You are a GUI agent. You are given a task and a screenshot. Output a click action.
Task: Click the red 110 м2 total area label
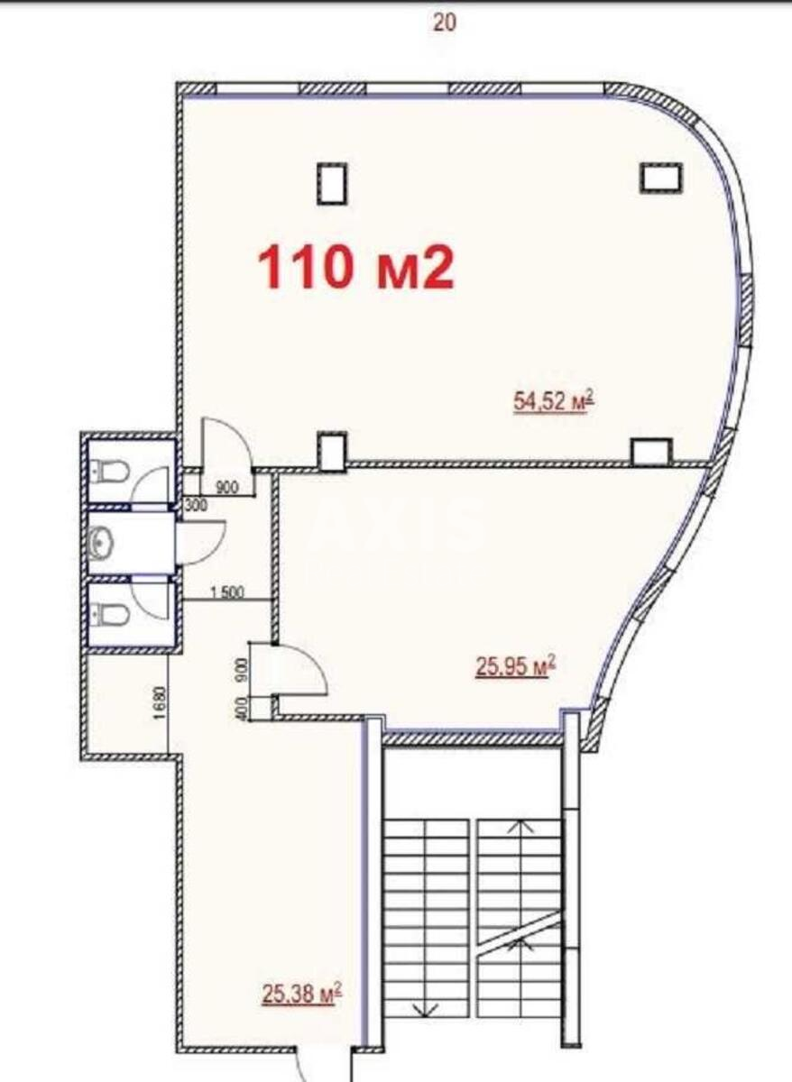coord(355,267)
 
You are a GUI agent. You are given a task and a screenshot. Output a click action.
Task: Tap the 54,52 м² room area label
coord(552,401)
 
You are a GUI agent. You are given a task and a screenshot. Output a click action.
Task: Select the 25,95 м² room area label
coord(514,667)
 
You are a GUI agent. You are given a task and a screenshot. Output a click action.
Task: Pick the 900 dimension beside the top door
coord(227,488)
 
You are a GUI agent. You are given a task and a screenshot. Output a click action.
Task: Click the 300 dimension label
coord(195,506)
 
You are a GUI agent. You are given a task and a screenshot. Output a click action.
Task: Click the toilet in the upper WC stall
coord(106,471)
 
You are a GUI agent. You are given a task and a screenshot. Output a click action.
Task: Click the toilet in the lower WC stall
coord(106,616)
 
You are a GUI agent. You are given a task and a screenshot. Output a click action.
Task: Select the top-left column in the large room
coord(331,182)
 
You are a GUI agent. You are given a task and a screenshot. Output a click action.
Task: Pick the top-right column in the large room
coord(661,177)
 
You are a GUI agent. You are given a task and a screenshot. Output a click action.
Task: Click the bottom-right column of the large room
coord(650,451)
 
